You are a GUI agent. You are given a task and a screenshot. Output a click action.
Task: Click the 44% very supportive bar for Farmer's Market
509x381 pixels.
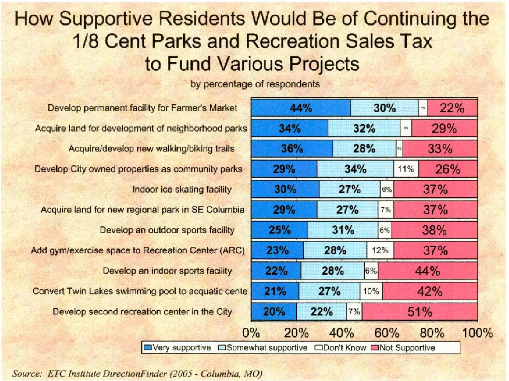point(301,108)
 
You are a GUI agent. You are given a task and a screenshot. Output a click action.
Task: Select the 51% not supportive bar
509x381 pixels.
point(420,312)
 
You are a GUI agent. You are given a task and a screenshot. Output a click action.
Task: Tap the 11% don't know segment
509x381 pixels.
point(406,169)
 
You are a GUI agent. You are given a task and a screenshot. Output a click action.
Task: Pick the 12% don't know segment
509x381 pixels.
point(380,250)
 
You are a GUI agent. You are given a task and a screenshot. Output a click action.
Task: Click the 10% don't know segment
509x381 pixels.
point(371,291)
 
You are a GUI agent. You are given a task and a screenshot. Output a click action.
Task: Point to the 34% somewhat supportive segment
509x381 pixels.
point(355,169)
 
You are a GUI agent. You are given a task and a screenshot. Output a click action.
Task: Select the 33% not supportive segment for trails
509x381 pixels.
point(440,149)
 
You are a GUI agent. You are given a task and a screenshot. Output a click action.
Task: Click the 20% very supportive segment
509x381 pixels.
point(274,312)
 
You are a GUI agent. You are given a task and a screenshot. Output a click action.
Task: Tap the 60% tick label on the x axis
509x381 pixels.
point(387,333)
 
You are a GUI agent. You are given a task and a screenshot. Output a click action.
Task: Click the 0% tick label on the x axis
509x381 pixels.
point(251,333)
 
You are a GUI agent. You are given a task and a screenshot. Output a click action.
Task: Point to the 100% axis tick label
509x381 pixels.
point(477,333)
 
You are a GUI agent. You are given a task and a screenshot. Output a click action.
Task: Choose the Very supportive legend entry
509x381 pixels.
point(178,347)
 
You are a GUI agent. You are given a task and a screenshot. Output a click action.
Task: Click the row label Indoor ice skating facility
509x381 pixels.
point(182,189)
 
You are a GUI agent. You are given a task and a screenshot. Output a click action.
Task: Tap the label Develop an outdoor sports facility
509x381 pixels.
point(167,230)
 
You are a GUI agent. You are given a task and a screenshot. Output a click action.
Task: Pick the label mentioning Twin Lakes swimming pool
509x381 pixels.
point(140,291)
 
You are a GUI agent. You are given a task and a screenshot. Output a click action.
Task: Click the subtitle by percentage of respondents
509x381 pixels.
point(255,84)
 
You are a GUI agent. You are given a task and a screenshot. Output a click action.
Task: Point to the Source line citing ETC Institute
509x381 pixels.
point(137,374)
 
